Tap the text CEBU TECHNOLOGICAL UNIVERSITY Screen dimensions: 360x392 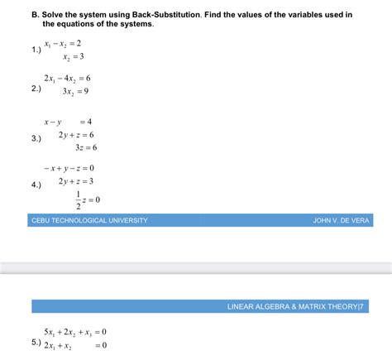click(89, 220)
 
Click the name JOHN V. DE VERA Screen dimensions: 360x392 click(340, 220)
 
